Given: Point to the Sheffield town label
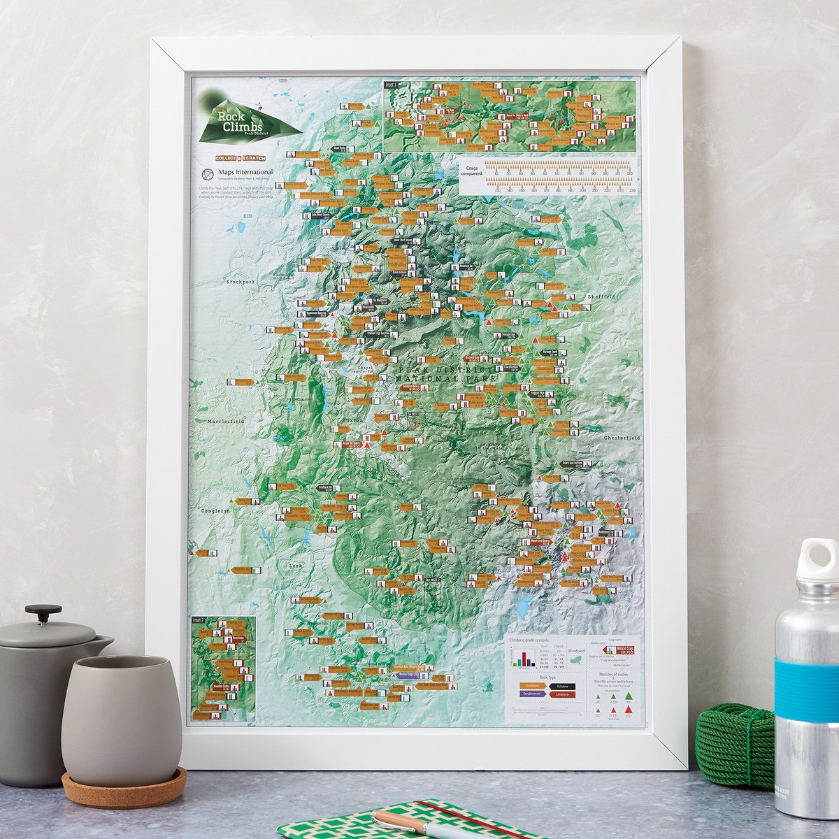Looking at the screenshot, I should pos(602,296).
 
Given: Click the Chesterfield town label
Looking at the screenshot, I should pos(622,438).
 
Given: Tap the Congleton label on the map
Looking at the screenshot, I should pos(215,511).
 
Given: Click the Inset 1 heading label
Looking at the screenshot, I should pos(390,85).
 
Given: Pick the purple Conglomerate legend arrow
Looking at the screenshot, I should pos(532,694).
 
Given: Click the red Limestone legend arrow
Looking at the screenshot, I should pos(562,694).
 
